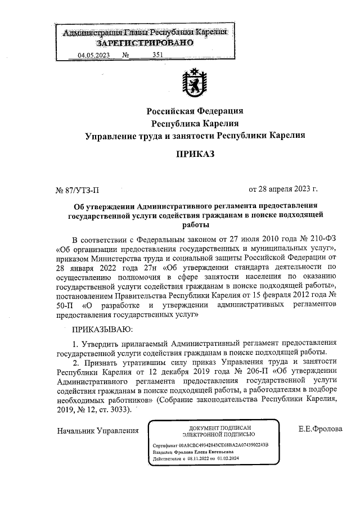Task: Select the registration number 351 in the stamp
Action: pos(158,55)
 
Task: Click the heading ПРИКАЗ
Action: pos(195,153)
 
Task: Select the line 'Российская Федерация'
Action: pos(195,110)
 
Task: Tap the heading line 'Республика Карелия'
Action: pos(195,123)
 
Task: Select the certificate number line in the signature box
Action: pos(211,444)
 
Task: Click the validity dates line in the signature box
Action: pos(192,459)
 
